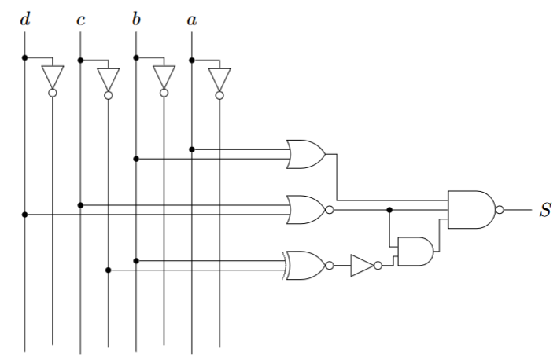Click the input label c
[80, 18]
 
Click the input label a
[191, 18]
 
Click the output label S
[544, 211]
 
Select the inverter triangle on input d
[53, 78]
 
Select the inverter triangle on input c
[109, 78]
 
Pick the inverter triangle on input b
[164, 78]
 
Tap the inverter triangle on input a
[219, 78]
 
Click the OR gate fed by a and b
[306, 154]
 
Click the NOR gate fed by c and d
[306, 210]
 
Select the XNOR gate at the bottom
[306, 266]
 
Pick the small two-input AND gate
[415, 252]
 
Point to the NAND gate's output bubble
[500, 210]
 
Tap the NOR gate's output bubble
[330, 210]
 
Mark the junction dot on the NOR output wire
[389, 210]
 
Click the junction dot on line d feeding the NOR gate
[25, 214]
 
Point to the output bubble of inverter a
[219, 94]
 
